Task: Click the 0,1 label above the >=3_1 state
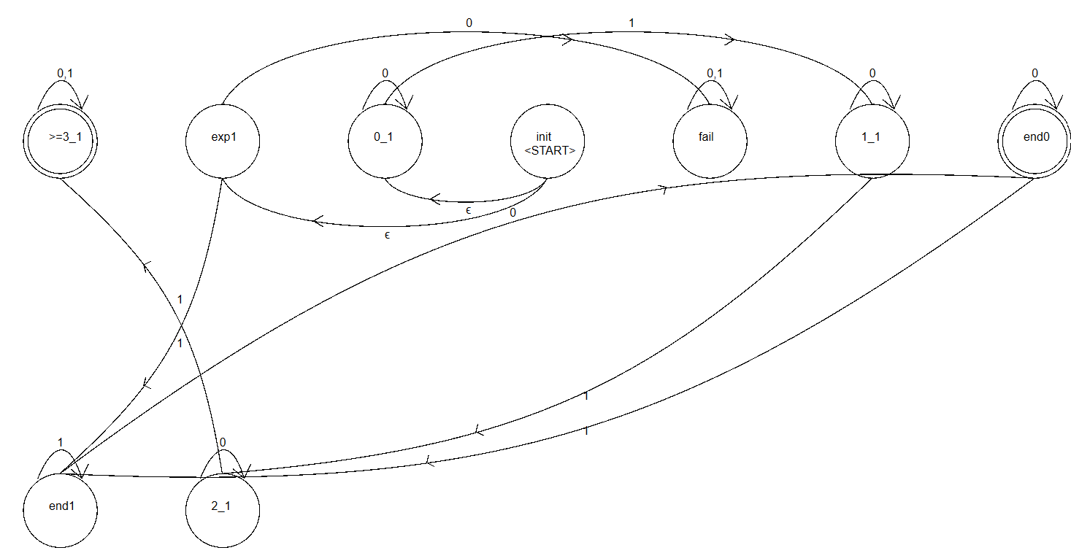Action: (x=65, y=74)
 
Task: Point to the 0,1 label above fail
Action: (x=715, y=74)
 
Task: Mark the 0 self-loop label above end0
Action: (x=1035, y=74)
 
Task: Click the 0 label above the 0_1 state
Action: (x=385, y=74)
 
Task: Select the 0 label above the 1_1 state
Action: (x=872, y=74)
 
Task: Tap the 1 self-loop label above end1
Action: (x=61, y=443)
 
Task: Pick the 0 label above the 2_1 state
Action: (x=223, y=443)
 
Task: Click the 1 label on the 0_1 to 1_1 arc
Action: (x=632, y=23)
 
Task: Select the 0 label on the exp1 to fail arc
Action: (x=469, y=23)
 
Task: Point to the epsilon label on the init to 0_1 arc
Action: (x=469, y=210)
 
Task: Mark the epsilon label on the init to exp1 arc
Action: (x=387, y=235)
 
